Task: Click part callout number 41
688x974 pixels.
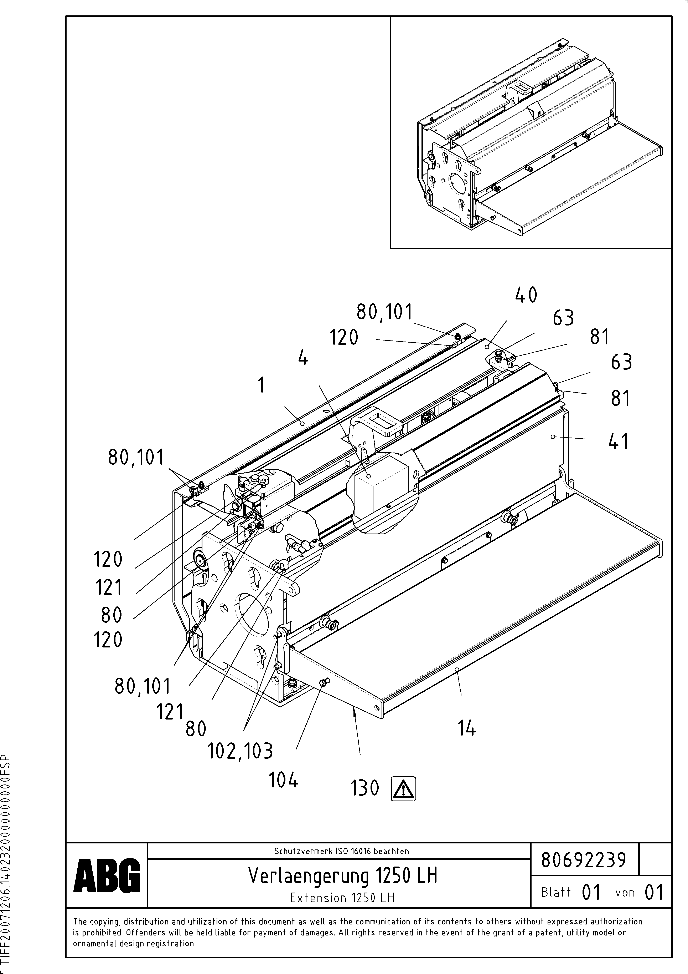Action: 619,442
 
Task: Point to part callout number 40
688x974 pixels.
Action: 526,295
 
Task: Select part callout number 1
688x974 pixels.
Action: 262,385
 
